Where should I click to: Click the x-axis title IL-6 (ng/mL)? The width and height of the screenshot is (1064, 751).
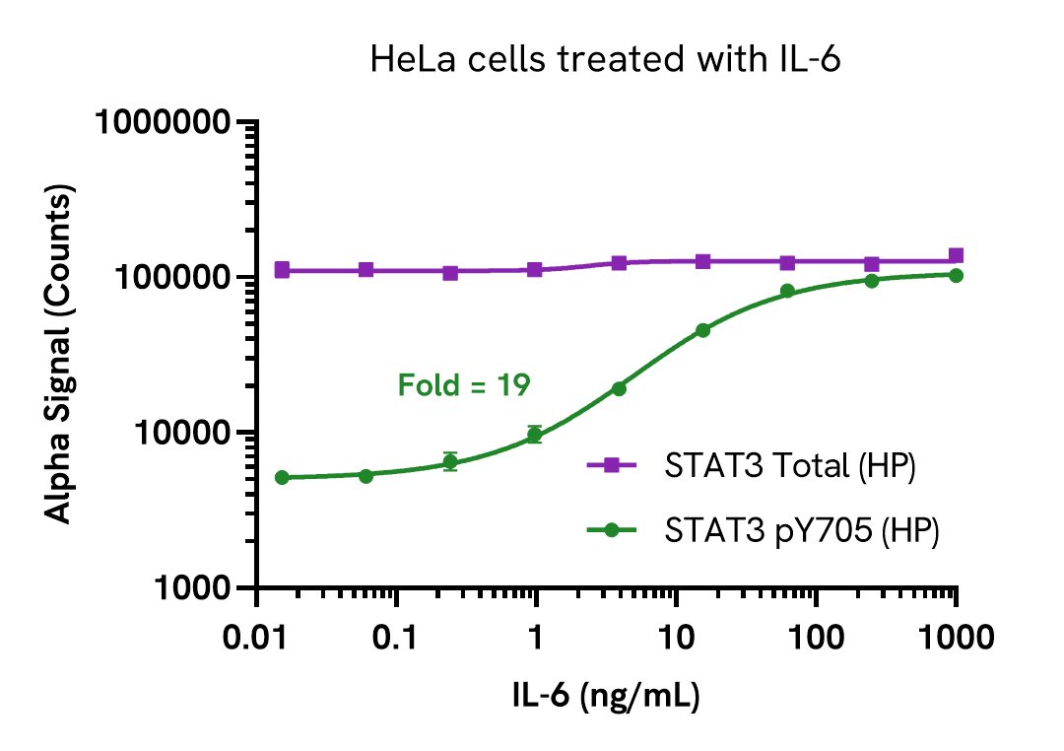[x=606, y=697]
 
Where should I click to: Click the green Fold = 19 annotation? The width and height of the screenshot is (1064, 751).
[x=464, y=385]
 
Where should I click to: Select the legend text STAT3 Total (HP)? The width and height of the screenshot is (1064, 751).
[x=791, y=466]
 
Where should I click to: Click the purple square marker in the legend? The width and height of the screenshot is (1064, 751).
[x=611, y=466]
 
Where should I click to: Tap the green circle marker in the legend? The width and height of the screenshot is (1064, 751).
[x=611, y=530]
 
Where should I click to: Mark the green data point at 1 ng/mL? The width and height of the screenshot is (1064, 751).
[x=535, y=434]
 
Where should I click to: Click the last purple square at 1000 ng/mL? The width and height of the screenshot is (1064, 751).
[x=956, y=255]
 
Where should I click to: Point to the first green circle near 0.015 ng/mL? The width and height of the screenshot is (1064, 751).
[x=282, y=477]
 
